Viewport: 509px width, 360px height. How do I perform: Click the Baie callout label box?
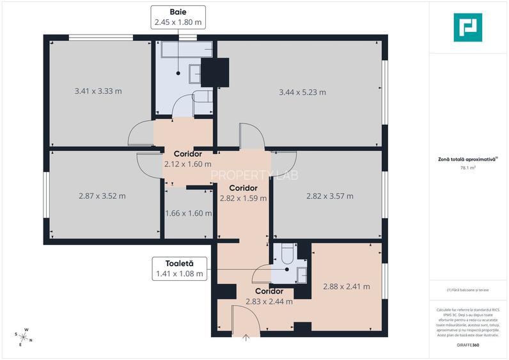click(178, 17)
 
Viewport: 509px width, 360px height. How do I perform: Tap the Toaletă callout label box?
click(179, 269)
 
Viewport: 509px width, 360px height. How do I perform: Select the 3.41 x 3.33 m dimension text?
click(98, 91)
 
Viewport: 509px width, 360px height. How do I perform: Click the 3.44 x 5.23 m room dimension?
click(302, 92)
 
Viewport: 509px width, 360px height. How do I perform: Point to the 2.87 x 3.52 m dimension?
click(102, 196)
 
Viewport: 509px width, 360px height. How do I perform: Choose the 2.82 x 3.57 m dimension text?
click(330, 196)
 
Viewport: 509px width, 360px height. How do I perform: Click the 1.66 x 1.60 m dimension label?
click(188, 214)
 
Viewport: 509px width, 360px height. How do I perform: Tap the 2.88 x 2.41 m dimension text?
click(347, 287)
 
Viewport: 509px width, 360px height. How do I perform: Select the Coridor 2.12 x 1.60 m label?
click(187, 159)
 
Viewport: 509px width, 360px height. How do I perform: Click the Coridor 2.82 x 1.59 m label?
click(243, 193)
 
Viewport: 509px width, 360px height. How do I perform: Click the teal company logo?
click(467, 27)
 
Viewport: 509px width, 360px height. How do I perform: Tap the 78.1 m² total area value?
click(467, 168)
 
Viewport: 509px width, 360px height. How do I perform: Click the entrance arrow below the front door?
click(246, 338)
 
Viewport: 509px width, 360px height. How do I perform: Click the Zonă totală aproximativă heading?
click(467, 159)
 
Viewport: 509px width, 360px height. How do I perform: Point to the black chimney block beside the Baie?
click(215, 72)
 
